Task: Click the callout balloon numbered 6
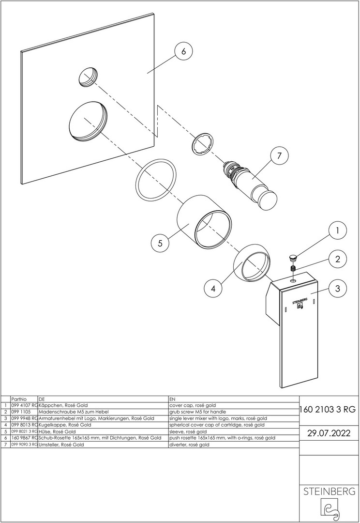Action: click(183, 51)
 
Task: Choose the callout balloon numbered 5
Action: click(160, 243)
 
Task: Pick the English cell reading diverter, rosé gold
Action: click(189, 444)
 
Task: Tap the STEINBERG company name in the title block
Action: click(329, 492)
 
